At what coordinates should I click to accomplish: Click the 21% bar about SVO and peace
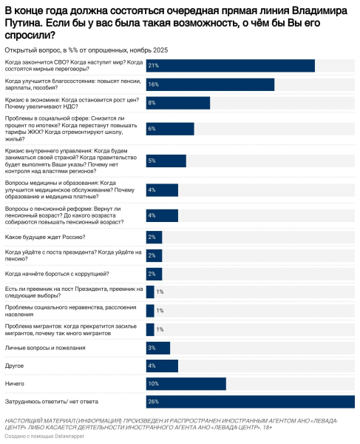pyautogui.click(x=230, y=66)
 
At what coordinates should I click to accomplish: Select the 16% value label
pyautogui.click(x=153, y=84)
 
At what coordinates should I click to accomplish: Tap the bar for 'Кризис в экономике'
pyautogui.click(x=177, y=103)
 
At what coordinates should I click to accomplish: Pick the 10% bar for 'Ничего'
pyautogui.click(x=186, y=383)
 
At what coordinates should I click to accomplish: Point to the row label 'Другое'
pyautogui.click(x=16, y=365)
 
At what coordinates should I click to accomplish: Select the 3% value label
pyautogui.click(x=152, y=348)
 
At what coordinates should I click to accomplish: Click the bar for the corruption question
pyautogui.click(x=153, y=273)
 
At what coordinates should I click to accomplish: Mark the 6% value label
pyautogui.click(x=152, y=129)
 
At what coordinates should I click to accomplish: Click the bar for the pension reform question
pyautogui.click(x=162, y=215)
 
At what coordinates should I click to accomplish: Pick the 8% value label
pyautogui.click(x=152, y=103)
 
